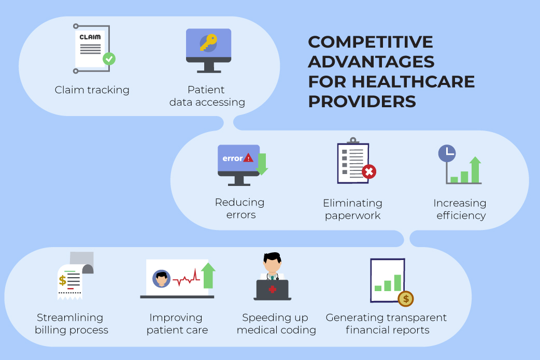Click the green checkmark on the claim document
tap(109, 59)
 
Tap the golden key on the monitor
tap(209, 42)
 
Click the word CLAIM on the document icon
tap(90, 37)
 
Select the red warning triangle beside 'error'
tap(248, 158)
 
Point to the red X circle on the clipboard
tap(369, 171)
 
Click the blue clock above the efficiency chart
tap(447, 153)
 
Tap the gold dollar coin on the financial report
tap(406, 299)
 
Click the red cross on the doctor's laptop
tap(273, 290)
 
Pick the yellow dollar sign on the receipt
tap(62, 281)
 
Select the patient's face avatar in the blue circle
tap(161, 279)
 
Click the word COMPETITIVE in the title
tap(371, 42)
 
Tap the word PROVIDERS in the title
tap(362, 102)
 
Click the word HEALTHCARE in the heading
tap(413, 81)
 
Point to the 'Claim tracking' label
tap(92, 90)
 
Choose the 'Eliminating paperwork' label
tap(352, 209)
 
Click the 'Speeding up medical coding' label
tap(276, 324)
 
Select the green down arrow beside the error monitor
tap(262, 164)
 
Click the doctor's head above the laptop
tap(272, 263)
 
